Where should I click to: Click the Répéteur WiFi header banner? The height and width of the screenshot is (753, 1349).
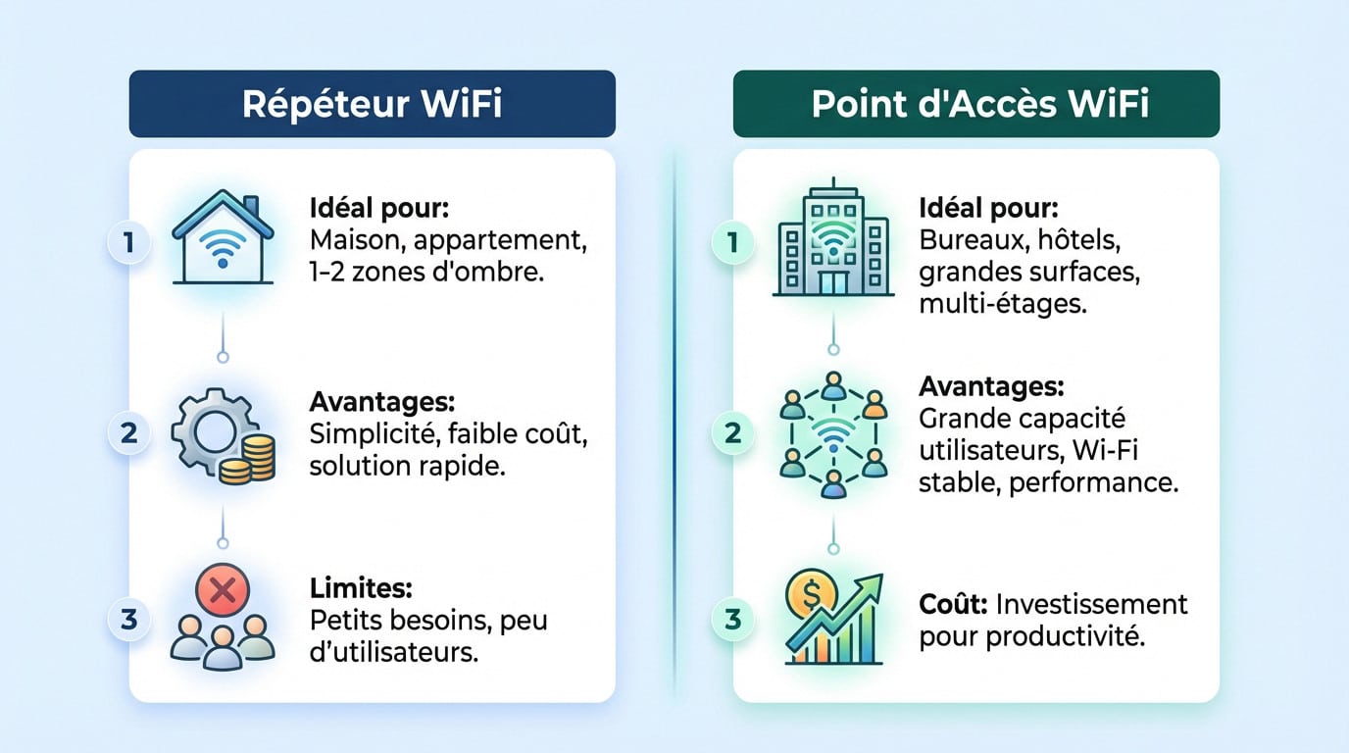click(x=372, y=104)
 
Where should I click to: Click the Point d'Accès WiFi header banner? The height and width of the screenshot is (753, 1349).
click(x=975, y=104)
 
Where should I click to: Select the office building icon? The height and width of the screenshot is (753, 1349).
click(x=832, y=240)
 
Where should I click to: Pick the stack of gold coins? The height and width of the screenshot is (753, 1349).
click(x=248, y=459)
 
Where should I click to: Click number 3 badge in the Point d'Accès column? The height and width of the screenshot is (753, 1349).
click(x=735, y=620)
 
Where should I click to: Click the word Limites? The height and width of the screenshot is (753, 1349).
click(x=360, y=588)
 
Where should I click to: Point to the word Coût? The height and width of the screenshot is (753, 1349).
click(x=952, y=603)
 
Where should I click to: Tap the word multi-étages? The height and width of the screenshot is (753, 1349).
click(x=1002, y=305)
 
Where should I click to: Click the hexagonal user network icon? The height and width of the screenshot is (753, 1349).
click(x=832, y=432)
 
